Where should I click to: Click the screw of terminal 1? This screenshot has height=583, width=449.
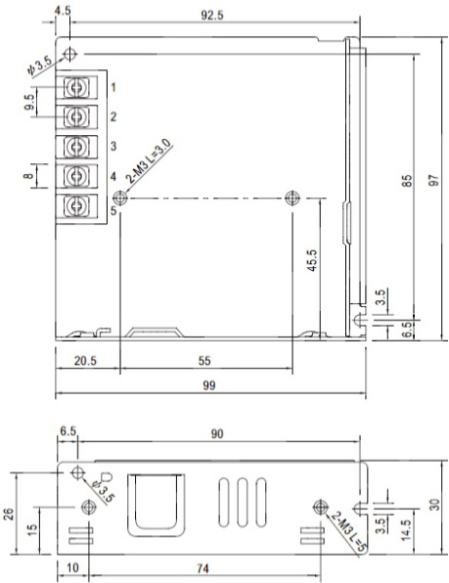point(77,87)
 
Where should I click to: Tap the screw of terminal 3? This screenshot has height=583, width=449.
point(77,146)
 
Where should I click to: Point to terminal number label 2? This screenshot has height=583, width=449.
point(114,117)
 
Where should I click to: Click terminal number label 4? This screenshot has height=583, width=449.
point(114,176)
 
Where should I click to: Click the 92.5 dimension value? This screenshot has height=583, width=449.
point(212,16)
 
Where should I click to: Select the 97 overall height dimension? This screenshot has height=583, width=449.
point(433,180)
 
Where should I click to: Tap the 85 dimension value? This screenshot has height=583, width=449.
point(408,181)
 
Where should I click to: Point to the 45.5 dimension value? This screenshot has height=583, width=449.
point(312,260)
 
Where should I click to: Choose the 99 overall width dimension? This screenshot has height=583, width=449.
point(209,385)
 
